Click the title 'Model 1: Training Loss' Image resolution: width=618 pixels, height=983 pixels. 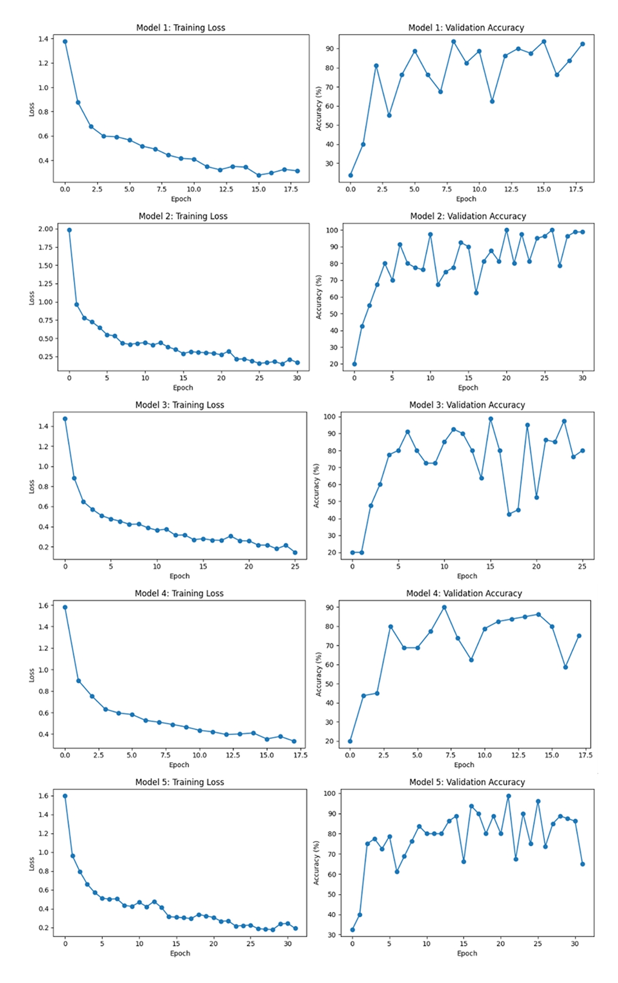point(180,28)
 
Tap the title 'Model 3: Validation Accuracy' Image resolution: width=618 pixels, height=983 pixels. point(467,404)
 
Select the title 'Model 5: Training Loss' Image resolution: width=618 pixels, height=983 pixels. point(179,782)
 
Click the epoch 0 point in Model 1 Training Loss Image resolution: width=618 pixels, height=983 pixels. point(65,42)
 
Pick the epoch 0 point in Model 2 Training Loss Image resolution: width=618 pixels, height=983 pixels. point(69,230)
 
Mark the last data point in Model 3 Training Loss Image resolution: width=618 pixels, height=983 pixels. point(295,553)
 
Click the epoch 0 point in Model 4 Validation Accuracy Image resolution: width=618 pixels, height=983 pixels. point(350,741)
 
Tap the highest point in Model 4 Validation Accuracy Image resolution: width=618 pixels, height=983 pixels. point(444,607)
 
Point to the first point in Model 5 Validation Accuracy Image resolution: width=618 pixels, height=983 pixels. point(352,930)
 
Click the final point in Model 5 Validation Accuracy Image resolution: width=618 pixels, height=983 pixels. point(583,864)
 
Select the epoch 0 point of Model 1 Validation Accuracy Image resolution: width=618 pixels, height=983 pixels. point(350,175)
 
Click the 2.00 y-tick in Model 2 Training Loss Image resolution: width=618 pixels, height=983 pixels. point(46,229)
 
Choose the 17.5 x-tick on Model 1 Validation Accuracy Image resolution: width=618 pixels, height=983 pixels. point(575,189)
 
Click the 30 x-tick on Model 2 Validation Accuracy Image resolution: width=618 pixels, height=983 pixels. point(582,378)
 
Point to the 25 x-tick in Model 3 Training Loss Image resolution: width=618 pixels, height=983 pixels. point(295,567)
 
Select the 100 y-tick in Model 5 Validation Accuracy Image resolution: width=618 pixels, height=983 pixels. point(329,793)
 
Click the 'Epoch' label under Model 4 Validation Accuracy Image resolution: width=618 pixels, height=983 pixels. point(464,765)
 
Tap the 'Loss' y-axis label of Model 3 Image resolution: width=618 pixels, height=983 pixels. point(31,487)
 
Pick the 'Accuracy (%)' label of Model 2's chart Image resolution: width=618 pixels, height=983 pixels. point(319,297)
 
